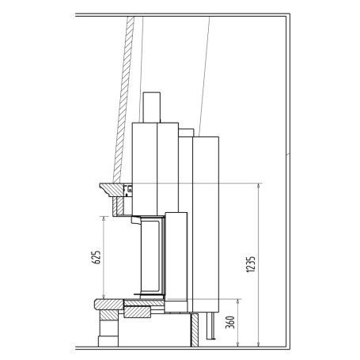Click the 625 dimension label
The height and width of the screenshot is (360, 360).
point(97,257)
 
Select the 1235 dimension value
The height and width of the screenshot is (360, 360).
point(251,264)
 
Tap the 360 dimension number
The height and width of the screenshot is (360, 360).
point(230,322)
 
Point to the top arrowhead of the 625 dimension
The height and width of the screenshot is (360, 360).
point(104,218)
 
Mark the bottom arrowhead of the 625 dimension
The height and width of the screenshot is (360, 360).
point(104,297)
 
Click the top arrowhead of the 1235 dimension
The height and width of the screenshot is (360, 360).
point(259,185)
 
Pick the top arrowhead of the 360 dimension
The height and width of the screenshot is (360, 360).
point(238,301)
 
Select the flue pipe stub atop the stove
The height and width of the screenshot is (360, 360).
point(152,108)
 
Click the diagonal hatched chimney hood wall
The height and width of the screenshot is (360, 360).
point(123,100)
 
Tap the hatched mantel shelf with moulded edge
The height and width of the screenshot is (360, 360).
point(112,190)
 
